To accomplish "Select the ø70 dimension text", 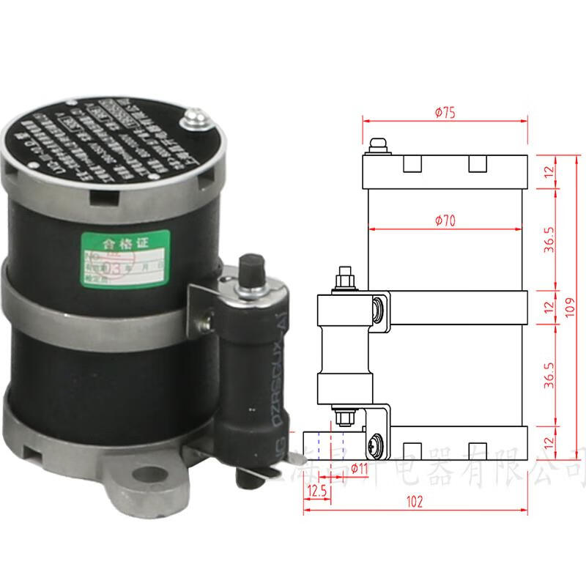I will (445, 220).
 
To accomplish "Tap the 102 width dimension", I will (415, 504).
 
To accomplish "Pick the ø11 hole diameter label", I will (360, 467).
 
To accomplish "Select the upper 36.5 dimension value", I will (550, 240).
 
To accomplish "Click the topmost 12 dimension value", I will (550, 173).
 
